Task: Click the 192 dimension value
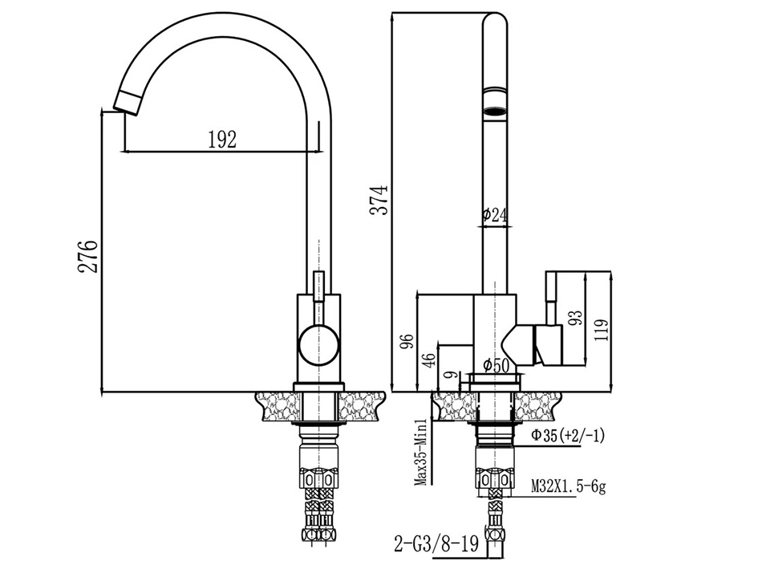pos(222,140)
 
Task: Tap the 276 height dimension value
pos(88,257)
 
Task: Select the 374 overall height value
pos(379,199)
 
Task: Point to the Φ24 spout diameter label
pos(495,213)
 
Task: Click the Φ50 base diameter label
pos(496,365)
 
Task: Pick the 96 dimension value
pos(408,342)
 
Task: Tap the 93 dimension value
pos(576,318)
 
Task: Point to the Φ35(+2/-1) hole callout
pos(568,436)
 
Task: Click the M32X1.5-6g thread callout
pos(568,486)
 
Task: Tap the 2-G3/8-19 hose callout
pos(436,544)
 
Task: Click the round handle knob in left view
pos(318,344)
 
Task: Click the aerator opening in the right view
pos(496,111)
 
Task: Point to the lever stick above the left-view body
pos(318,287)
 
